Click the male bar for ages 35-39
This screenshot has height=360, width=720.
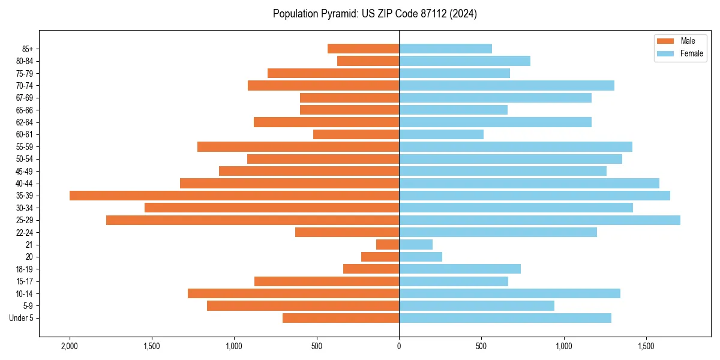pyautogui.click(x=234, y=196)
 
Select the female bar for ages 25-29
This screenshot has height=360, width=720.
pyautogui.click(x=539, y=220)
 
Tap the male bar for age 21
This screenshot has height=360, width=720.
pyautogui.click(x=388, y=245)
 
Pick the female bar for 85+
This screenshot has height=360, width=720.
pyautogui.click(x=445, y=49)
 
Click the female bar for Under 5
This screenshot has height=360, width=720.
pyautogui.click(x=505, y=318)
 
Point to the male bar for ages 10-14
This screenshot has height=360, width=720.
pyautogui.click(x=293, y=293)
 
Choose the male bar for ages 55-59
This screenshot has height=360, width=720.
pyautogui.click(x=298, y=147)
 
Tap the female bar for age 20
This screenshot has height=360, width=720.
pyautogui.click(x=421, y=257)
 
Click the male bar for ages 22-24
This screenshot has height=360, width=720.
pyautogui.click(x=347, y=232)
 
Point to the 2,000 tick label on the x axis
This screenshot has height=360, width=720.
pyautogui.click(x=70, y=346)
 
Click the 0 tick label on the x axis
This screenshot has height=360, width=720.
pyautogui.click(x=399, y=346)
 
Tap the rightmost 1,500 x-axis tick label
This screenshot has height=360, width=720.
pyautogui.click(x=646, y=346)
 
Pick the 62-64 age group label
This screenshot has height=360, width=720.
pyautogui.click(x=25, y=122)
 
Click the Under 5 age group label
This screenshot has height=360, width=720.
pyautogui.click(x=22, y=318)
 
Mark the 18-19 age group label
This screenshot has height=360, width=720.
pyautogui.click(x=25, y=269)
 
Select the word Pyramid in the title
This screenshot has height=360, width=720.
pyautogui.click(x=338, y=14)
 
